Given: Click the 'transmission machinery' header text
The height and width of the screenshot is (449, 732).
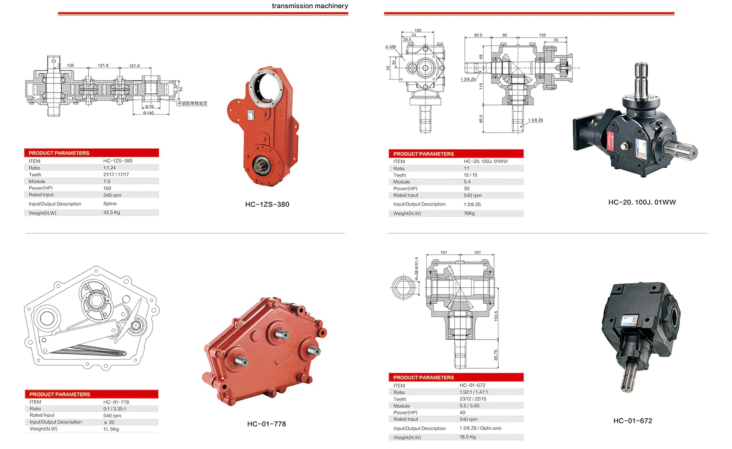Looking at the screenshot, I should [x=310, y=6].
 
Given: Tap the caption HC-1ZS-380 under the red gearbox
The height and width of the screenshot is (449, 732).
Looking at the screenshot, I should [x=267, y=204].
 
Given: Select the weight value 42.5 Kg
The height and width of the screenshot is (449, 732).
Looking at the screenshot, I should [x=112, y=213].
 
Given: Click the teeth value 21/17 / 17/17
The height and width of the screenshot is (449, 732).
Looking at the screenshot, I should [x=116, y=175].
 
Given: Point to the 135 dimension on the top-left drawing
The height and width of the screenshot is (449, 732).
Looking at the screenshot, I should [x=70, y=66].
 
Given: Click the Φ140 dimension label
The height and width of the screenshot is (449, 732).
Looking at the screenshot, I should [x=149, y=113].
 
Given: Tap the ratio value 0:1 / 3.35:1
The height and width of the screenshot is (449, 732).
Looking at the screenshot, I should [x=114, y=409].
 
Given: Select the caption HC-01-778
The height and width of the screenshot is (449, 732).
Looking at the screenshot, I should [x=266, y=424].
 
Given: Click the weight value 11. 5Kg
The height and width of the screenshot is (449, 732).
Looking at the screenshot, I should [x=111, y=429].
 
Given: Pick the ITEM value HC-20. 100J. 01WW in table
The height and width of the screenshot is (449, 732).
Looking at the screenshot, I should [x=485, y=161].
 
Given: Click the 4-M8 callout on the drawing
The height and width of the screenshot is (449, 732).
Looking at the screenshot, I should [x=390, y=47].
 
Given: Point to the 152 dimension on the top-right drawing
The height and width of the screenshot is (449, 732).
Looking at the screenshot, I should [x=542, y=35].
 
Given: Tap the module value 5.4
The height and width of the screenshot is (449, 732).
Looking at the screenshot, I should [x=467, y=182].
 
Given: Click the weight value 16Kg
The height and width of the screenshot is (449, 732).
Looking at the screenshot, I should [x=469, y=214].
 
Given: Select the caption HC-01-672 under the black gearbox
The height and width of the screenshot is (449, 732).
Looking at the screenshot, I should [x=633, y=421].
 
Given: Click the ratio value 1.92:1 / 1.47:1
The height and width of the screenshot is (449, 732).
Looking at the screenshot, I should [x=474, y=392].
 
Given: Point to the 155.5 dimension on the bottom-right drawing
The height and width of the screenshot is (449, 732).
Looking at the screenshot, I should [x=495, y=316].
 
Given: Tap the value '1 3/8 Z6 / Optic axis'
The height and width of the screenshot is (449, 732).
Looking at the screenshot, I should [x=480, y=428].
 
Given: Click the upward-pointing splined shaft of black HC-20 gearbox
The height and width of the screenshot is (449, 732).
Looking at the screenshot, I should [x=641, y=78].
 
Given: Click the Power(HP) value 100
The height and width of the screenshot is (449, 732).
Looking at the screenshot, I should [x=107, y=188].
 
